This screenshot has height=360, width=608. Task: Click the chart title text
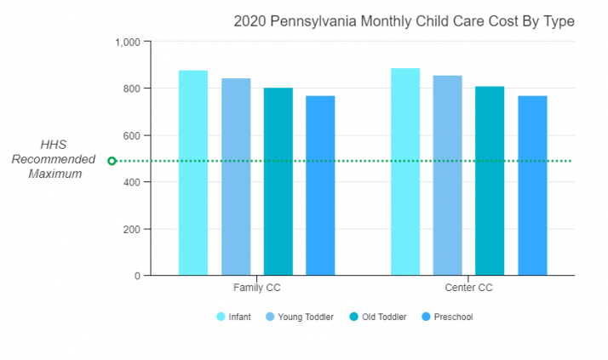coord(404,21)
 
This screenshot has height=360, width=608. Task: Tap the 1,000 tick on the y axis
coord(128,42)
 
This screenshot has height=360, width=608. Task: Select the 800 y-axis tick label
coord(132,89)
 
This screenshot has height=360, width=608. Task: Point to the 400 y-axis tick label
coord(132,182)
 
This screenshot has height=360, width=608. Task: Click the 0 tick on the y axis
coord(136,276)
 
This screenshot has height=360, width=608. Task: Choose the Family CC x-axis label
coord(256,288)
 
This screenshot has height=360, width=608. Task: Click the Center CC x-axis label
coord(468,288)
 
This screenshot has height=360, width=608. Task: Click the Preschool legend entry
coord(448,317)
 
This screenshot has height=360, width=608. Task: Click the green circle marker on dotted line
coord(112,161)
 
